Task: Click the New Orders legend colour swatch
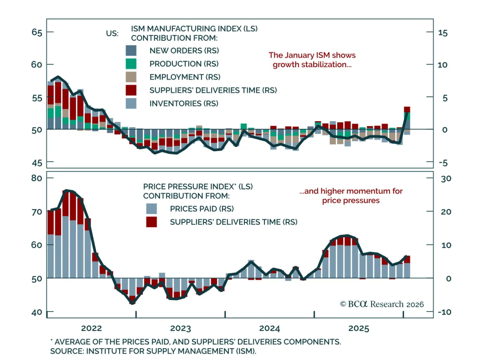click(131, 50)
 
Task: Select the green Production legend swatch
click(131, 64)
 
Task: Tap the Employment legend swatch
click(131, 77)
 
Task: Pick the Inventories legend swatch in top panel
click(131, 103)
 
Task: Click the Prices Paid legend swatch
click(151, 208)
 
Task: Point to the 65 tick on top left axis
click(37, 32)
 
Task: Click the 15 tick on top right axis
click(443, 33)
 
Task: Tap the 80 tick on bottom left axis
click(37, 178)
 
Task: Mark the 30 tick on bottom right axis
click(446, 178)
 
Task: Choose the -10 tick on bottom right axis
click(444, 312)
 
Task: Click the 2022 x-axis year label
click(91, 328)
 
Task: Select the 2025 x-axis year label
click(359, 328)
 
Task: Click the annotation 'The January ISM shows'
click(312, 55)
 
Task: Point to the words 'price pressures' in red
click(351, 200)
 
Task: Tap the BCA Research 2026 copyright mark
click(382, 304)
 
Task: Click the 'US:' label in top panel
click(112, 33)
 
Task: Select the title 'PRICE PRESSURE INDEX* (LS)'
click(198, 186)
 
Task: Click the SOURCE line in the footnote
click(153, 351)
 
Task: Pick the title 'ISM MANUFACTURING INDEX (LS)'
click(194, 28)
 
